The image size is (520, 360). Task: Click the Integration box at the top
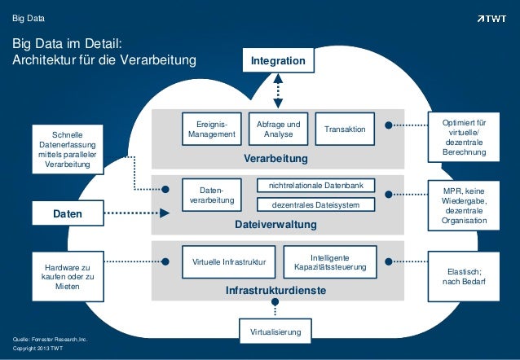(x=278, y=61)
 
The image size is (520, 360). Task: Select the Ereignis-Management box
(x=211, y=129)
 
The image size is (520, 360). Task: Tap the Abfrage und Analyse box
(x=278, y=129)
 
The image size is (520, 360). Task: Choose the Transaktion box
(x=345, y=130)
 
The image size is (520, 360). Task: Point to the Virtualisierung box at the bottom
(x=275, y=331)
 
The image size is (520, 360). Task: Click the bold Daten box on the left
(x=68, y=214)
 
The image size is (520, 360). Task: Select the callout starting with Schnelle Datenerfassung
(x=68, y=148)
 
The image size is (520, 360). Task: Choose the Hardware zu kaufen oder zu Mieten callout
(x=68, y=277)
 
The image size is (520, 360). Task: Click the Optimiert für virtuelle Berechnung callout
(x=464, y=135)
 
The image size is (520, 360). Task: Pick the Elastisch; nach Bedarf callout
(x=464, y=277)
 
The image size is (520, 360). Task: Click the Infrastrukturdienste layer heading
(x=277, y=290)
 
